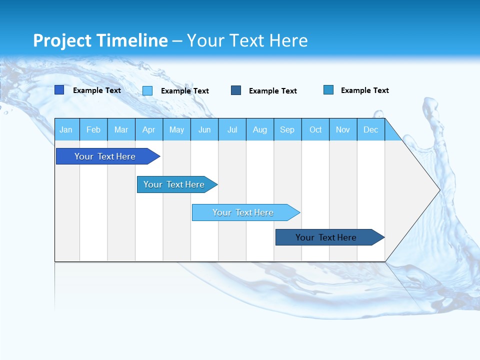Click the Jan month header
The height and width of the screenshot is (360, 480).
click(66, 129)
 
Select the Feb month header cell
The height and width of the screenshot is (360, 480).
click(93, 129)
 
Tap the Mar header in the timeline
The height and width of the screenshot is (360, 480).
click(121, 129)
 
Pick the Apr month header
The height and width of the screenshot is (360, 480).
click(149, 129)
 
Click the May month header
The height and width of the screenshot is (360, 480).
click(176, 129)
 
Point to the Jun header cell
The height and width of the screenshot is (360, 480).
click(204, 129)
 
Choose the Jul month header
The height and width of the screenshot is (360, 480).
click(232, 129)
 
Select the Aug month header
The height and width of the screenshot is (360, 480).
click(260, 129)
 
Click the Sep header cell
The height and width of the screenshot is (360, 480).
click(287, 129)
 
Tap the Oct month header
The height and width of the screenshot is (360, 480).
click(315, 129)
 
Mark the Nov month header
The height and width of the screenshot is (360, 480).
click(343, 129)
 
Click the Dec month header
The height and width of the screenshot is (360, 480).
click(371, 129)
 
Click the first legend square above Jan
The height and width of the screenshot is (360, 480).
click(59, 90)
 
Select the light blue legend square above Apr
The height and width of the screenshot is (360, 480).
click(147, 90)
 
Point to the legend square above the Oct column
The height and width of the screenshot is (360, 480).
click(328, 90)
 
